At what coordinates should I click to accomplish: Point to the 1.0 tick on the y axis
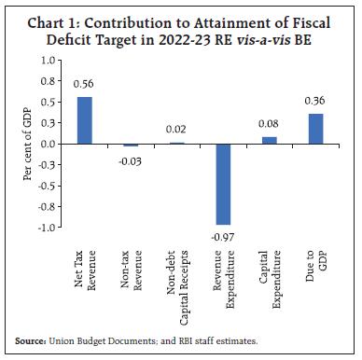pos(45,61)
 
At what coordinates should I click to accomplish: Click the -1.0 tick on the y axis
pos(43,227)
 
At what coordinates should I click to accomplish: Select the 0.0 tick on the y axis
pos(45,144)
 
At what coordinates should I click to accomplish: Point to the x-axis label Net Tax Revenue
pos(84,269)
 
